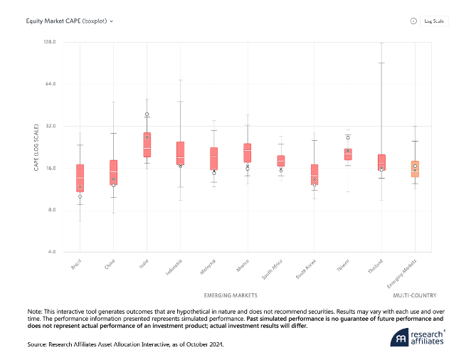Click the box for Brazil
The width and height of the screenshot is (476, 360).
coord(80,178)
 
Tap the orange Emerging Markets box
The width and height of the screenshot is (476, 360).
coord(415,169)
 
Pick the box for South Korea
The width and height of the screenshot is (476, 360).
coord(314,174)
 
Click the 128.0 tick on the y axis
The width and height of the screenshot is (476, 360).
coord(49,43)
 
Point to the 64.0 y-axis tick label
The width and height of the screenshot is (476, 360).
coord(51,84)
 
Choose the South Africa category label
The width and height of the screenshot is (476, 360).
coord(274,270)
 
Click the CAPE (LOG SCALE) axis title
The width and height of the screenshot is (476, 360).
coord(36,147)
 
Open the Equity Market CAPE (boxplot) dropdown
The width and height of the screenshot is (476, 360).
coord(70,21)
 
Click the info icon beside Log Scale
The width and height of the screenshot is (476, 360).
coord(413,21)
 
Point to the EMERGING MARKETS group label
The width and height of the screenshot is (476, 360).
coord(231,295)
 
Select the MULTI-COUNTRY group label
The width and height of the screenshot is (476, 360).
coord(415,295)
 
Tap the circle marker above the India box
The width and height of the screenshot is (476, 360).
coord(147,114)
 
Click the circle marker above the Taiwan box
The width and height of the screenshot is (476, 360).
coord(348,137)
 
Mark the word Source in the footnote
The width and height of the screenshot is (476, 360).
coord(38,344)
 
